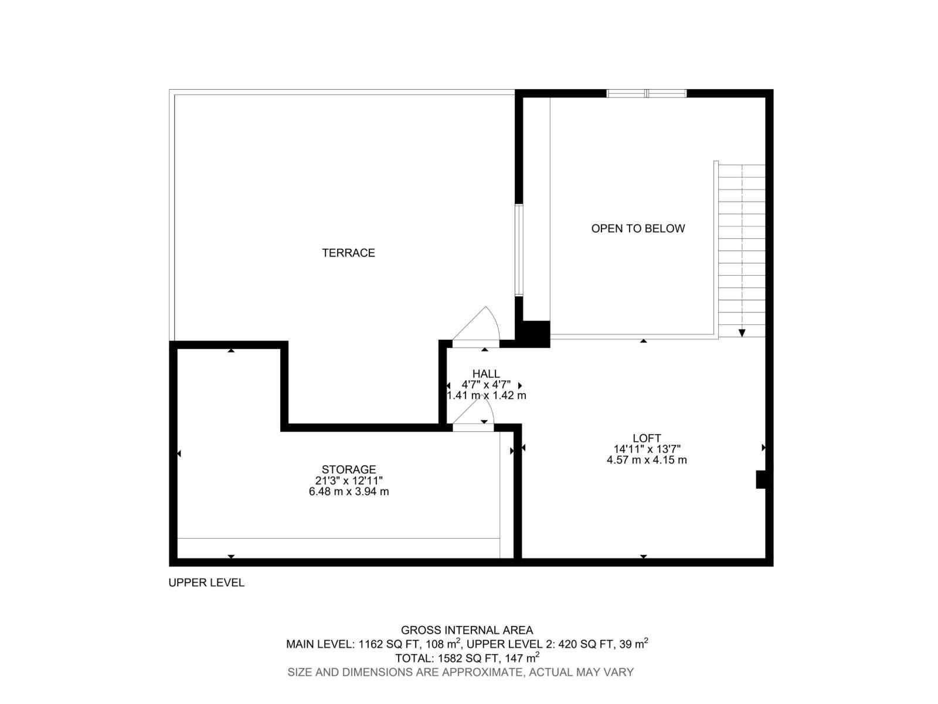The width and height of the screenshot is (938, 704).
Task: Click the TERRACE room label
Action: coord(348,253)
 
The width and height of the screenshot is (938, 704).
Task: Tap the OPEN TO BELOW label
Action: coord(638,228)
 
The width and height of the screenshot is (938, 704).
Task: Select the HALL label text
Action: coord(486,374)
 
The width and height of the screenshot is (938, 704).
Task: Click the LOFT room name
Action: coord(647,438)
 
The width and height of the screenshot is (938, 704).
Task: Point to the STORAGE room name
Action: coord(348,469)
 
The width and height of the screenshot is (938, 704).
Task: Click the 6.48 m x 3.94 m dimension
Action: coord(348,492)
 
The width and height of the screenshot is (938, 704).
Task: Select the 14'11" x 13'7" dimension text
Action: coord(647,449)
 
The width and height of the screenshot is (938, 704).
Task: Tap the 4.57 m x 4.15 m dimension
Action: coord(647,460)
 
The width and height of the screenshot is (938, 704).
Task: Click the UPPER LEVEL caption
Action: coord(206,583)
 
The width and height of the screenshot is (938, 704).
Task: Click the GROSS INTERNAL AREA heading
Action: coord(467,630)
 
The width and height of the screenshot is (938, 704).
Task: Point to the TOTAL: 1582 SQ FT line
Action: coord(467,658)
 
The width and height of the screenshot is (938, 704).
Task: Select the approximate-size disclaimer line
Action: coord(460,672)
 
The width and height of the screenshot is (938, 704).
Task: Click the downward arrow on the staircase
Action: coord(742,332)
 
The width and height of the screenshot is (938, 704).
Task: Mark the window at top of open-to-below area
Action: coord(646,93)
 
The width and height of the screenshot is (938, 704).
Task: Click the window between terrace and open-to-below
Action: coord(518,250)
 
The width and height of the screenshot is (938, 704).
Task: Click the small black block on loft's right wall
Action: coord(762,479)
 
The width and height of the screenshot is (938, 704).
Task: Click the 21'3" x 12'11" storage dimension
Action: coord(348,480)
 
